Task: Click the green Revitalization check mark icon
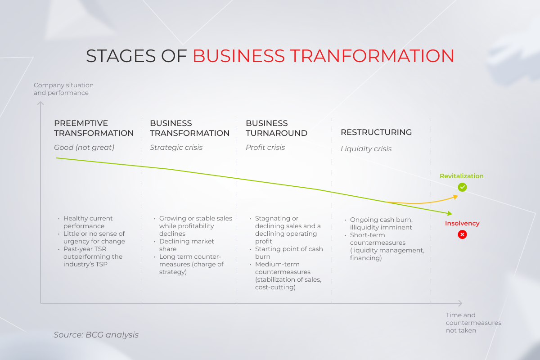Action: click(462, 188)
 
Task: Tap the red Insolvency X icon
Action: click(462, 234)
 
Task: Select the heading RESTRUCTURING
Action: click(376, 132)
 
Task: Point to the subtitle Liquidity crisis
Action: click(366, 149)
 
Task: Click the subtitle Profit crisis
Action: click(265, 148)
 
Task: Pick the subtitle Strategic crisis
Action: click(176, 148)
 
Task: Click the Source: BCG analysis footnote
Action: click(96, 335)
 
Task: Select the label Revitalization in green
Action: click(461, 176)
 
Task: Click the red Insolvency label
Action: click(462, 223)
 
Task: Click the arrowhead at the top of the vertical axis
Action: click(40, 104)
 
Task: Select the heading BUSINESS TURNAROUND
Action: click(276, 128)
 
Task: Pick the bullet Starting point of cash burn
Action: click(288, 253)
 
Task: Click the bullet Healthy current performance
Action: click(88, 222)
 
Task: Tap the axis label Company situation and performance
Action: click(63, 89)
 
